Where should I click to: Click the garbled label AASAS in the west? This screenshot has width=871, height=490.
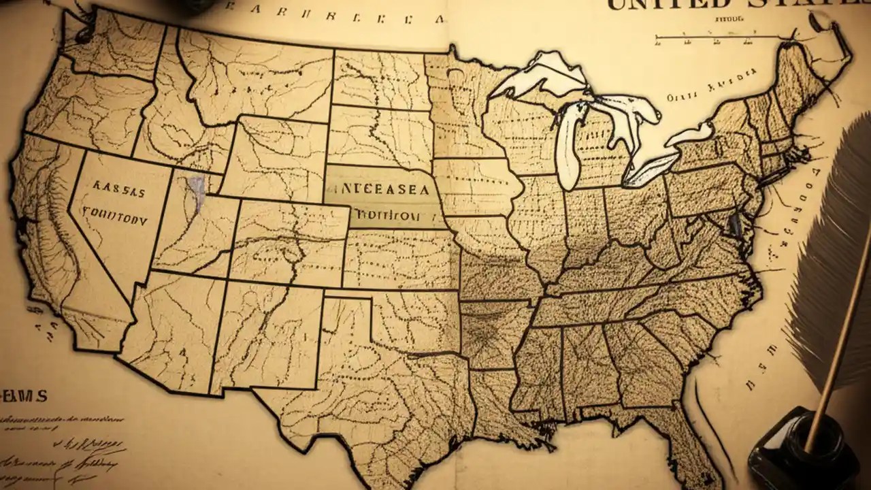(x=118, y=193)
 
